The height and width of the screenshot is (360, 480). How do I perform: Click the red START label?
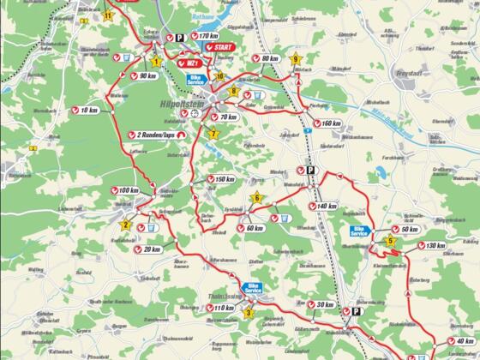pos(221,47)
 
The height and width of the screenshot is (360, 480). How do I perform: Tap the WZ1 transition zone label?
pos(192,63)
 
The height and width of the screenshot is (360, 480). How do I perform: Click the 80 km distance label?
pos(267,58)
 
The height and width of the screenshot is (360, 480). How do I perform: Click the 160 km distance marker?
pos(330,123)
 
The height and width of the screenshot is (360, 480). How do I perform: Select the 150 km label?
pos(223,179)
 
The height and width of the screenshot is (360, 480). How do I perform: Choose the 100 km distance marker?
pos(125,190)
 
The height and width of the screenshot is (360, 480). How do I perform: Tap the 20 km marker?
pos(149,249)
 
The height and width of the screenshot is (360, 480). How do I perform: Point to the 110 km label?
pos(221,309)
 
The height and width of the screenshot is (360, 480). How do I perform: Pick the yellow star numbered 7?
pos(213,134)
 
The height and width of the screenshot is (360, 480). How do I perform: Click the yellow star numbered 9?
pos(296,59)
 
